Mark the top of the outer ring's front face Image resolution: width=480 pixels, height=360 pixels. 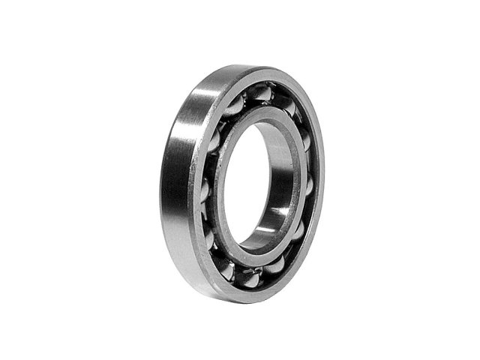[x=262, y=74]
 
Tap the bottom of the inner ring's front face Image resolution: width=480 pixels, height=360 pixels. [x=251, y=255]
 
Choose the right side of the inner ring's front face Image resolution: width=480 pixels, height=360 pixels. [x=295, y=180]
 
